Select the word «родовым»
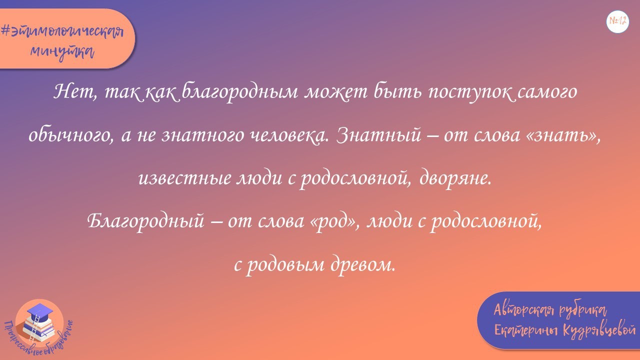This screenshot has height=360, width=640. (x=284, y=264)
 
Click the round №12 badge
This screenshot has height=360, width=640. (x=617, y=21)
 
